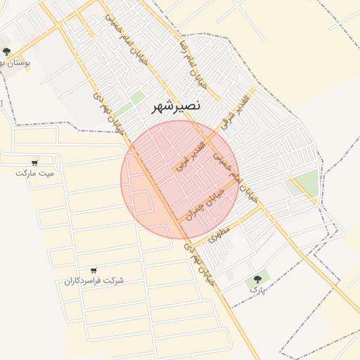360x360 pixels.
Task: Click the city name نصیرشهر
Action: tap(176, 106)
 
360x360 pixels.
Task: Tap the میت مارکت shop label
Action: tap(34, 172)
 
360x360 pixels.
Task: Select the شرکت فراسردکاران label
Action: tap(94, 281)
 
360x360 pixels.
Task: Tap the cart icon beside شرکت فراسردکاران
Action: tap(94, 270)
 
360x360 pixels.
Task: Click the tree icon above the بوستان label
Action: tap(7, 51)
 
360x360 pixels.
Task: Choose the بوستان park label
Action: tap(13, 62)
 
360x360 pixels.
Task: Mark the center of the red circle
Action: tap(180, 179)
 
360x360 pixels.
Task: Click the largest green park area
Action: tap(305, 184)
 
